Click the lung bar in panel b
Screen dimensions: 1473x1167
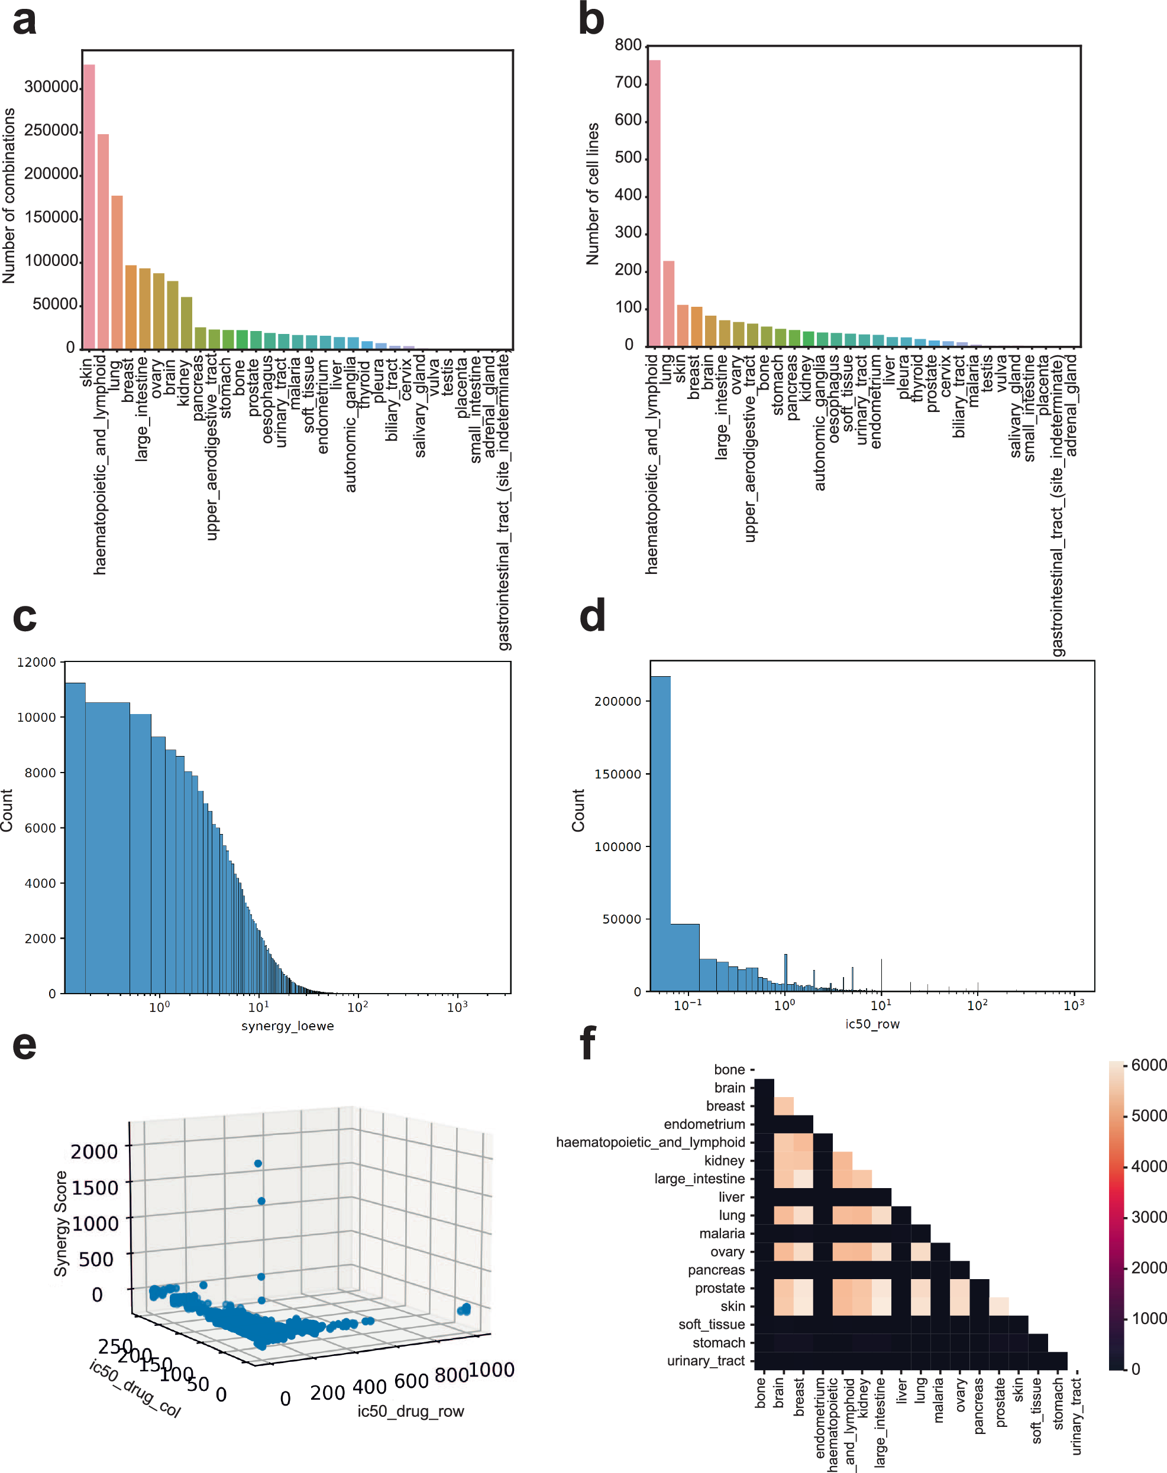point(668,303)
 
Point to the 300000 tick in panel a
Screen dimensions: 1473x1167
point(51,87)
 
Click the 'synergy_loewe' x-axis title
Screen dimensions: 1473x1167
point(287,1026)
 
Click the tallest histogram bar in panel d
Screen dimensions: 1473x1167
point(660,833)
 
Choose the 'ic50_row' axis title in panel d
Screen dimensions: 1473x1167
point(872,1024)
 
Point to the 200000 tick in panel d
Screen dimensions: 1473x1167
point(617,702)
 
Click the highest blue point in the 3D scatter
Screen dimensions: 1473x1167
point(257,1163)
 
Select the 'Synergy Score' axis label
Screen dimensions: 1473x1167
point(61,1223)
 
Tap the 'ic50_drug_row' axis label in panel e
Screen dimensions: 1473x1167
point(410,1411)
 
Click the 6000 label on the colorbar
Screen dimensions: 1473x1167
point(1148,1065)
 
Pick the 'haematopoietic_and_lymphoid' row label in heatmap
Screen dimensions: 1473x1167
point(650,1142)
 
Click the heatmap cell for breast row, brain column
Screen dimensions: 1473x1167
point(784,1105)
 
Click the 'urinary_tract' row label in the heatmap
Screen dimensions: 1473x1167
point(705,1360)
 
